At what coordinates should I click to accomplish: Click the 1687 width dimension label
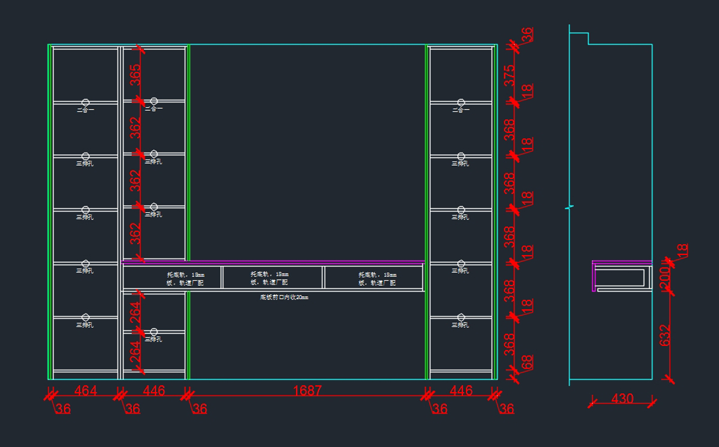[307, 391]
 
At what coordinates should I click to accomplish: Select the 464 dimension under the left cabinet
[86, 391]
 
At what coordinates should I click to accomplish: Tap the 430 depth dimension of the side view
[623, 398]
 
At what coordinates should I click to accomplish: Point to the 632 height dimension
[664, 335]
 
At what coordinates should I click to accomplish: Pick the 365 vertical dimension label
[136, 75]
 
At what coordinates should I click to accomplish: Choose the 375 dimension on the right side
[509, 75]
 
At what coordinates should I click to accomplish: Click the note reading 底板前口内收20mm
[284, 297]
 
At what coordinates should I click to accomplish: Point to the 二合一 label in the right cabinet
[460, 110]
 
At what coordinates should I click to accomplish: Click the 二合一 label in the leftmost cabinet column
[85, 110]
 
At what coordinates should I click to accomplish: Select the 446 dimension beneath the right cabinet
[461, 391]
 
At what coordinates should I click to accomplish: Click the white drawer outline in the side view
[621, 278]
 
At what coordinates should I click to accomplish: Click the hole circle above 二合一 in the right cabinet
[461, 102]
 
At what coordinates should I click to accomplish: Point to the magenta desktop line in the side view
[622, 263]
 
